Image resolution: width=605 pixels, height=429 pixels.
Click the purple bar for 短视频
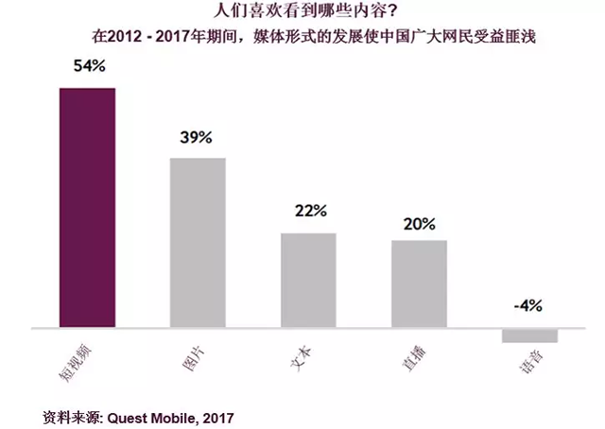tap(87, 208)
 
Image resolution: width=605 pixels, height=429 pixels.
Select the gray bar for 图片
tap(198, 243)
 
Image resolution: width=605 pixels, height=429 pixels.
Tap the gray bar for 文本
tap(308, 280)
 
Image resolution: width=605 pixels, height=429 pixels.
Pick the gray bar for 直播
tap(419, 283)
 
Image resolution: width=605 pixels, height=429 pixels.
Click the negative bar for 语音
tap(529, 335)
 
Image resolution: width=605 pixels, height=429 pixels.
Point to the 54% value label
tap(87, 69)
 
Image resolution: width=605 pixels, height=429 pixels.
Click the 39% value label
tap(198, 138)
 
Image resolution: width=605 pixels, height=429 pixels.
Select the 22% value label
tap(308, 212)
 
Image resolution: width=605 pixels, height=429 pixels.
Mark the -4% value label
tap(529, 306)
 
